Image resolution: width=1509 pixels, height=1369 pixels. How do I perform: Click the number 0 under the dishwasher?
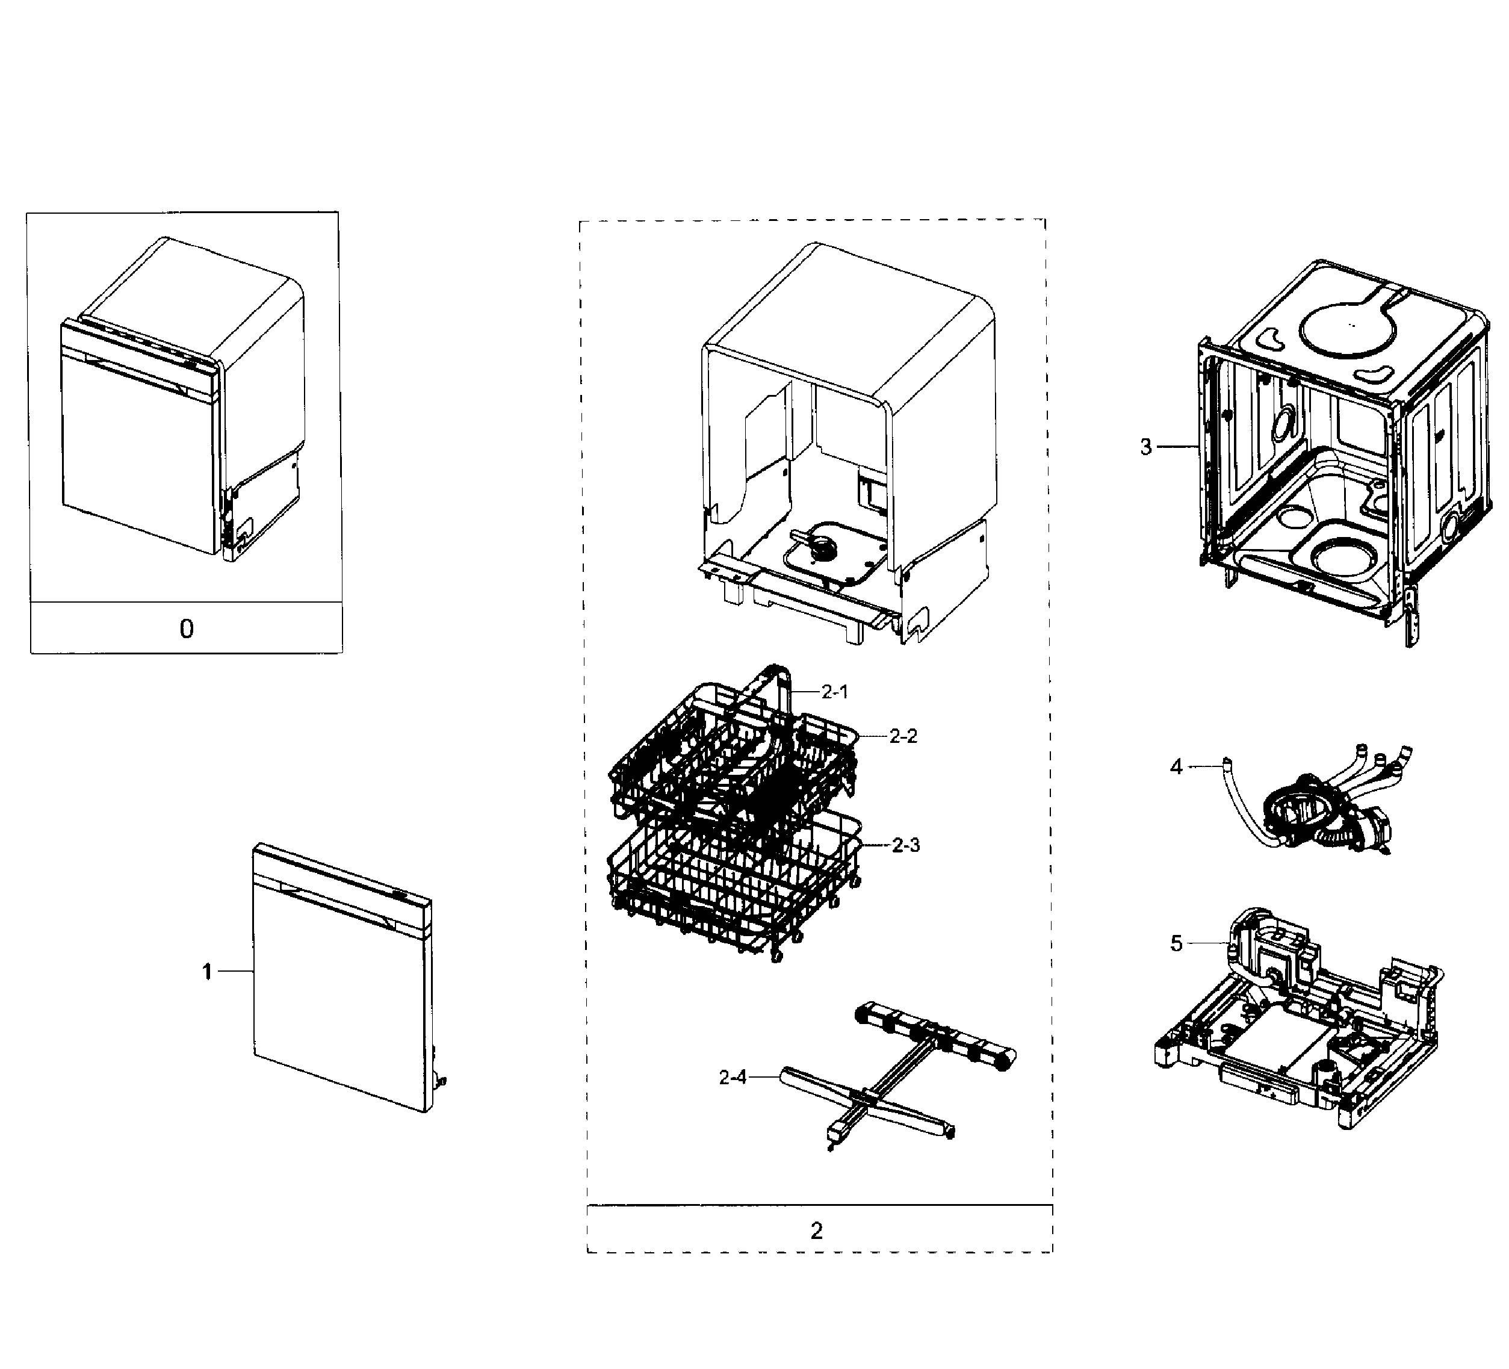[187, 628]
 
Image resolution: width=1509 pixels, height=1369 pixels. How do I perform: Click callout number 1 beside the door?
[207, 972]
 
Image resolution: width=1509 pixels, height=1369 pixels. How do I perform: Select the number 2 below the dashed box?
[817, 1231]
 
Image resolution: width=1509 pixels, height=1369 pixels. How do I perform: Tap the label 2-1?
[835, 692]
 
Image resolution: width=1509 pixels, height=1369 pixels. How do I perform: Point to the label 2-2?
[903, 736]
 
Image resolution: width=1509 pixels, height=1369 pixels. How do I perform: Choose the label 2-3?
[906, 845]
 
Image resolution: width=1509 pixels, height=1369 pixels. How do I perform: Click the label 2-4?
[733, 1078]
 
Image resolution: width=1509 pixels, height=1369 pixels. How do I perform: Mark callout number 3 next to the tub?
[1146, 447]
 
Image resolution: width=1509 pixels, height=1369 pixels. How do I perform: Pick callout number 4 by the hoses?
[1176, 766]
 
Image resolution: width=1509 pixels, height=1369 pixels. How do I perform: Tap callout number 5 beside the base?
[1176, 944]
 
